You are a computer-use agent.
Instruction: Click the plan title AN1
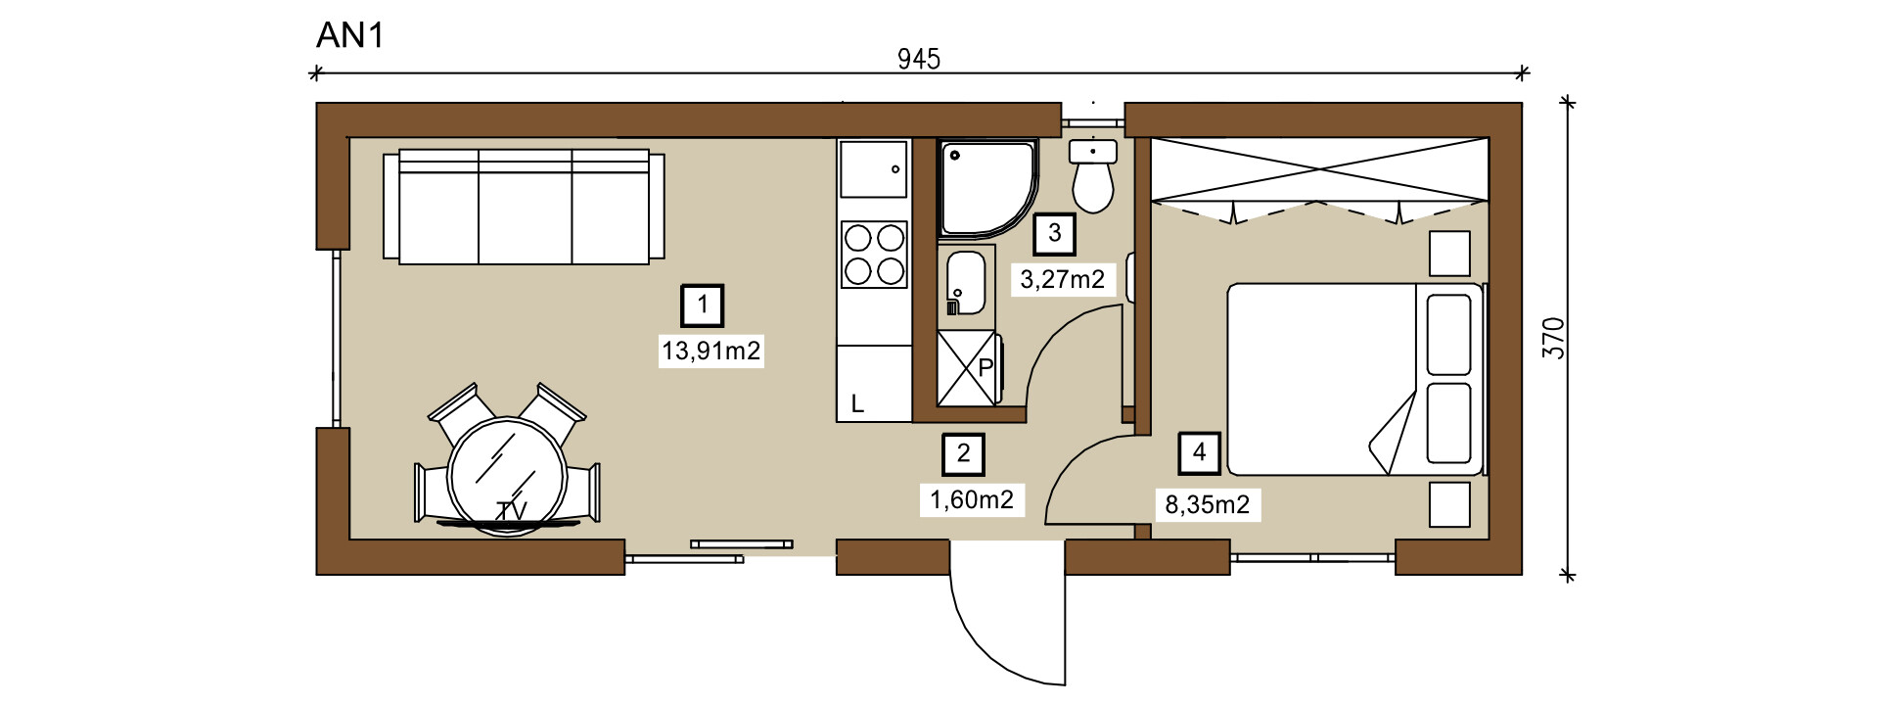(x=350, y=35)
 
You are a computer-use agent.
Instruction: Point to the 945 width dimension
(x=919, y=60)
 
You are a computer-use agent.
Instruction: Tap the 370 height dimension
(x=1553, y=338)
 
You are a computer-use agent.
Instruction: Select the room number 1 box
(x=703, y=305)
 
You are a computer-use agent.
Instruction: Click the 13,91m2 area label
(x=711, y=351)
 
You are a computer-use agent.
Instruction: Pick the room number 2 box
(x=964, y=453)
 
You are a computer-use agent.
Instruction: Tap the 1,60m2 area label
(x=972, y=500)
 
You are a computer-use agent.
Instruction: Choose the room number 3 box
(x=1055, y=233)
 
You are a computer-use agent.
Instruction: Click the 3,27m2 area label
(x=1063, y=280)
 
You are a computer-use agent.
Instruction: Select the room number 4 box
(x=1200, y=452)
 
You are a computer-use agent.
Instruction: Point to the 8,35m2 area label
(x=1208, y=505)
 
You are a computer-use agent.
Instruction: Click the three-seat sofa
(x=524, y=207)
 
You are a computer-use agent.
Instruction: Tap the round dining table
(x=507, y=476)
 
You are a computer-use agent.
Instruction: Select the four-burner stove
(x=874, y=255)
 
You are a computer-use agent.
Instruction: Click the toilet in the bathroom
(x=1092, y=177)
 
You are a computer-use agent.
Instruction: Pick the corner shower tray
(x=986, y=189)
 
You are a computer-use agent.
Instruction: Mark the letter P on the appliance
(x=985, y=368)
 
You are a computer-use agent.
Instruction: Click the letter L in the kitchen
(x=857, y=404)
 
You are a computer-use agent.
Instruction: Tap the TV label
(x=512, y=511)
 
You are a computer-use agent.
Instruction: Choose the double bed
(x=1356, y=380)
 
